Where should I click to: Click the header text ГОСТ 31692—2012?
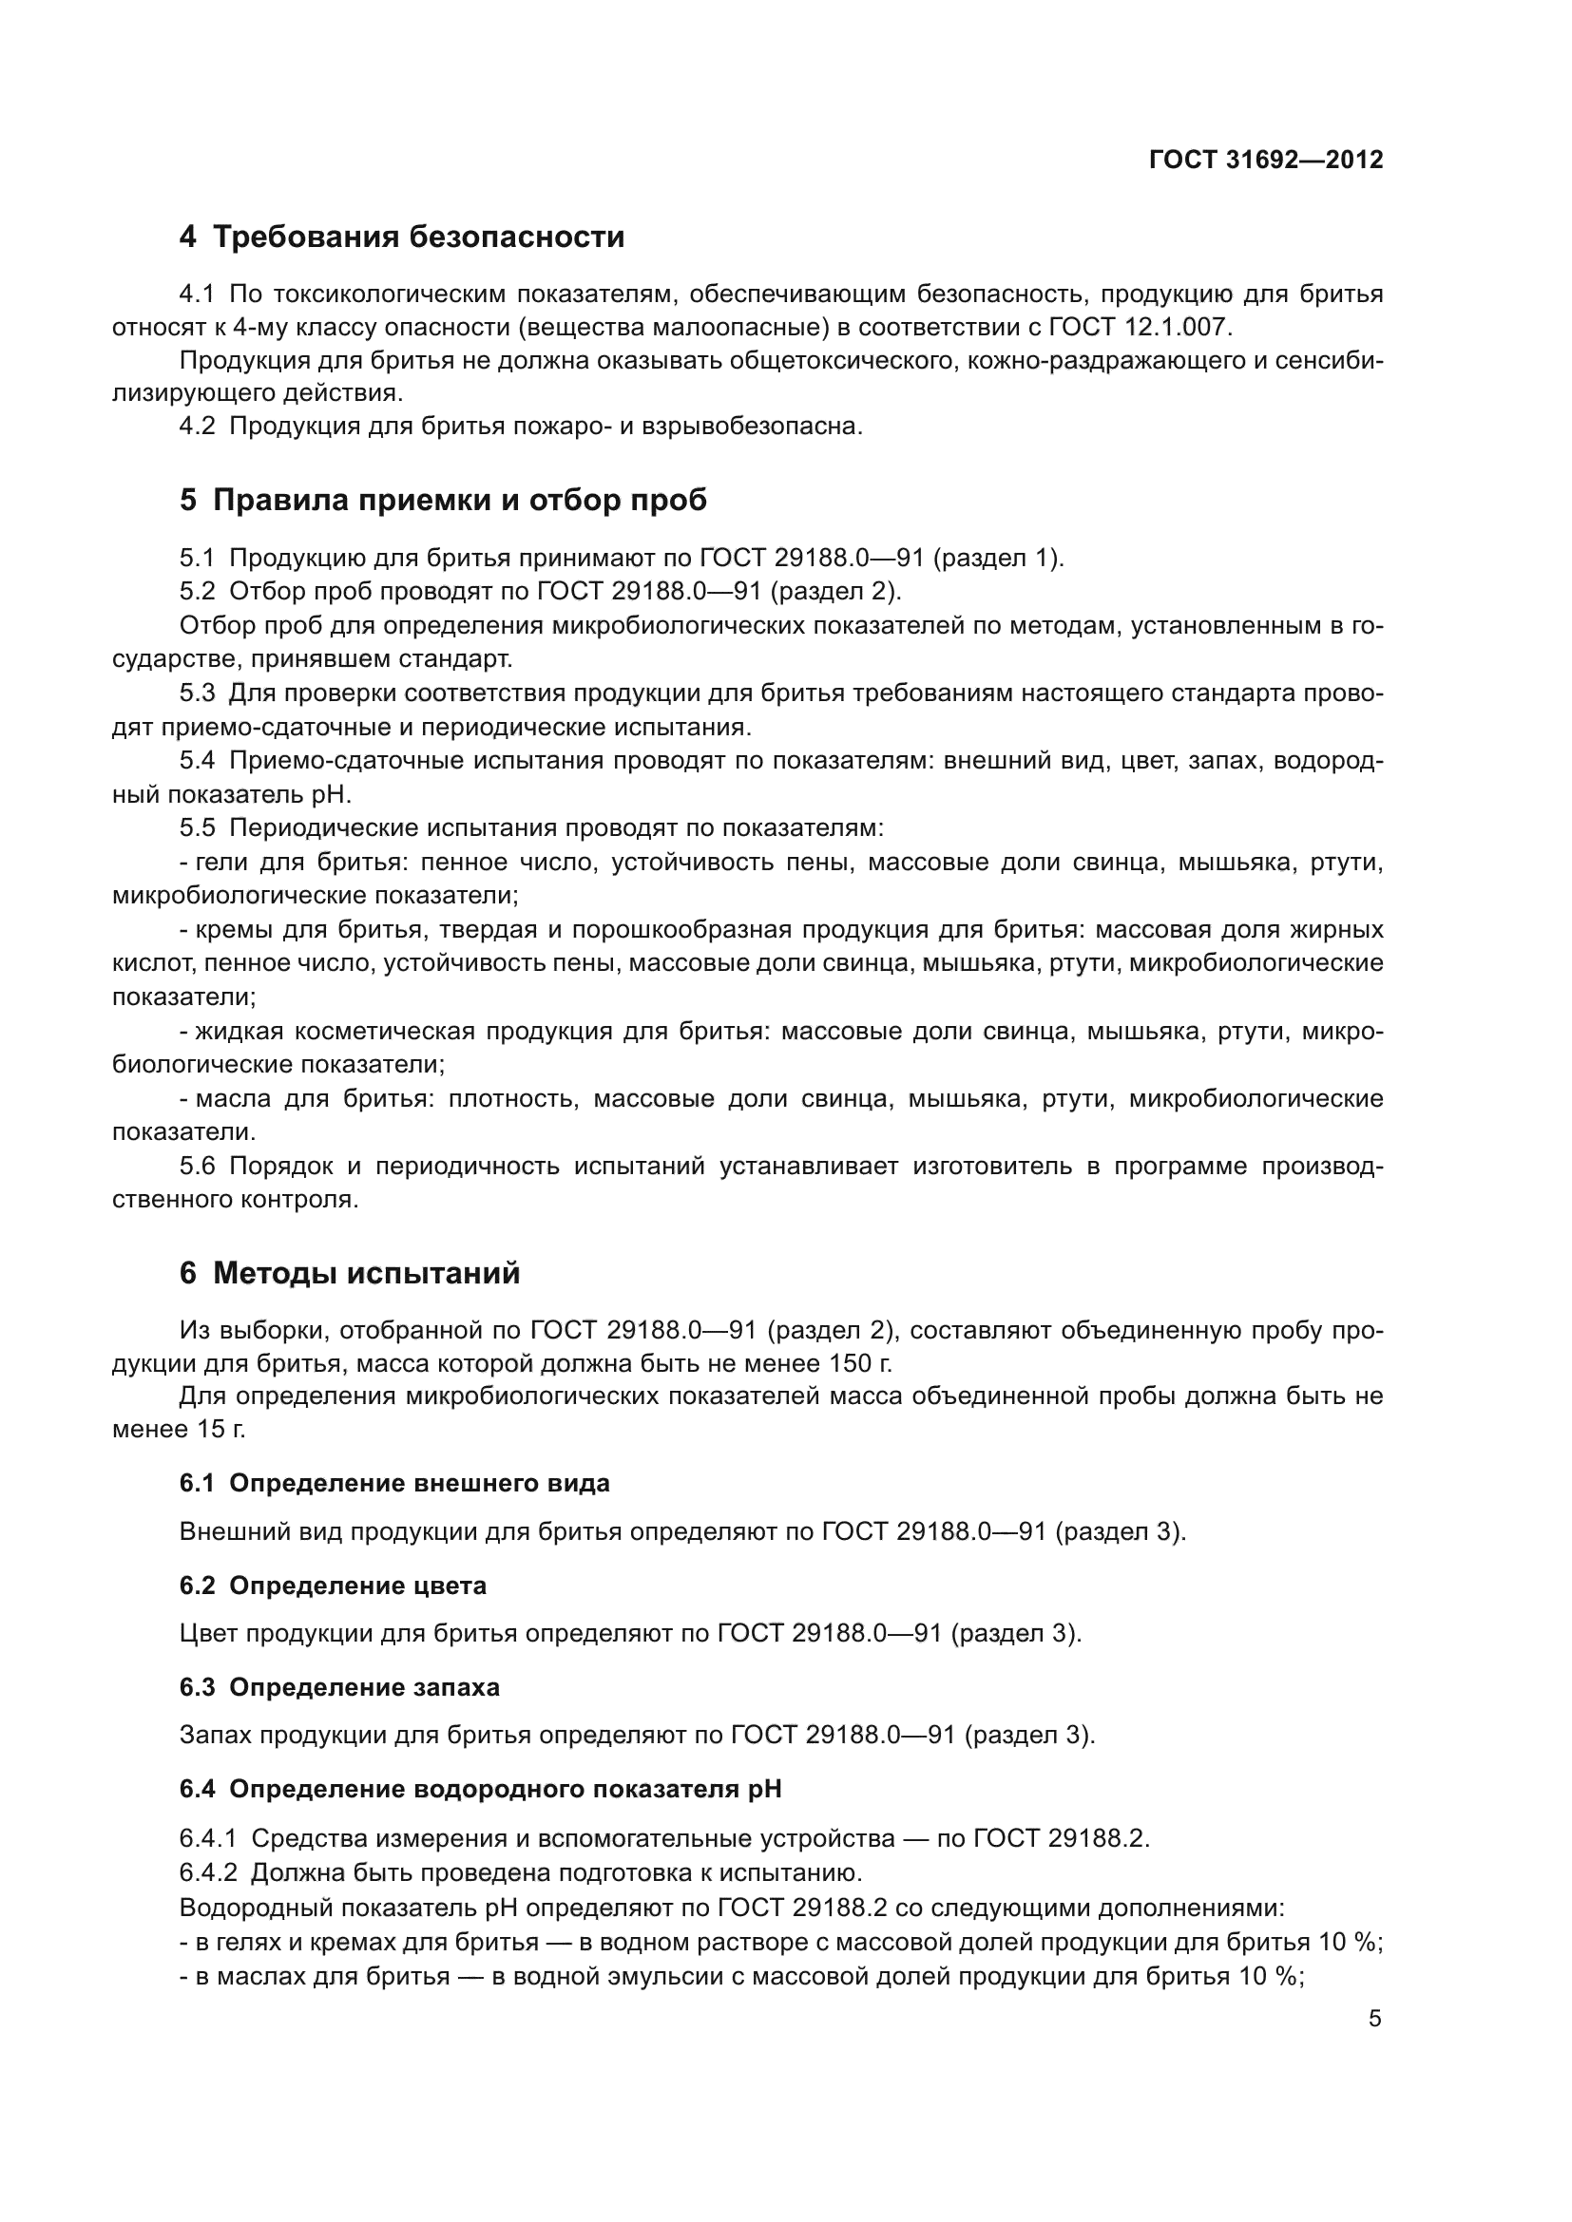coord(1265,160)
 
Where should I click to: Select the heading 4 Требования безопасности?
coord(402,237)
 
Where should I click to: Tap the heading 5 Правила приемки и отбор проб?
coord(442,501)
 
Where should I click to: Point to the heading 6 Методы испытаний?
coord(350,1274)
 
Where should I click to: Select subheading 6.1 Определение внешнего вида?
coord(394,1484)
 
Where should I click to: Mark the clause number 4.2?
coord(198,427)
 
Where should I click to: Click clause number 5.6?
coord(198,1167)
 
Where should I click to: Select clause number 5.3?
coord(198,693)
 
